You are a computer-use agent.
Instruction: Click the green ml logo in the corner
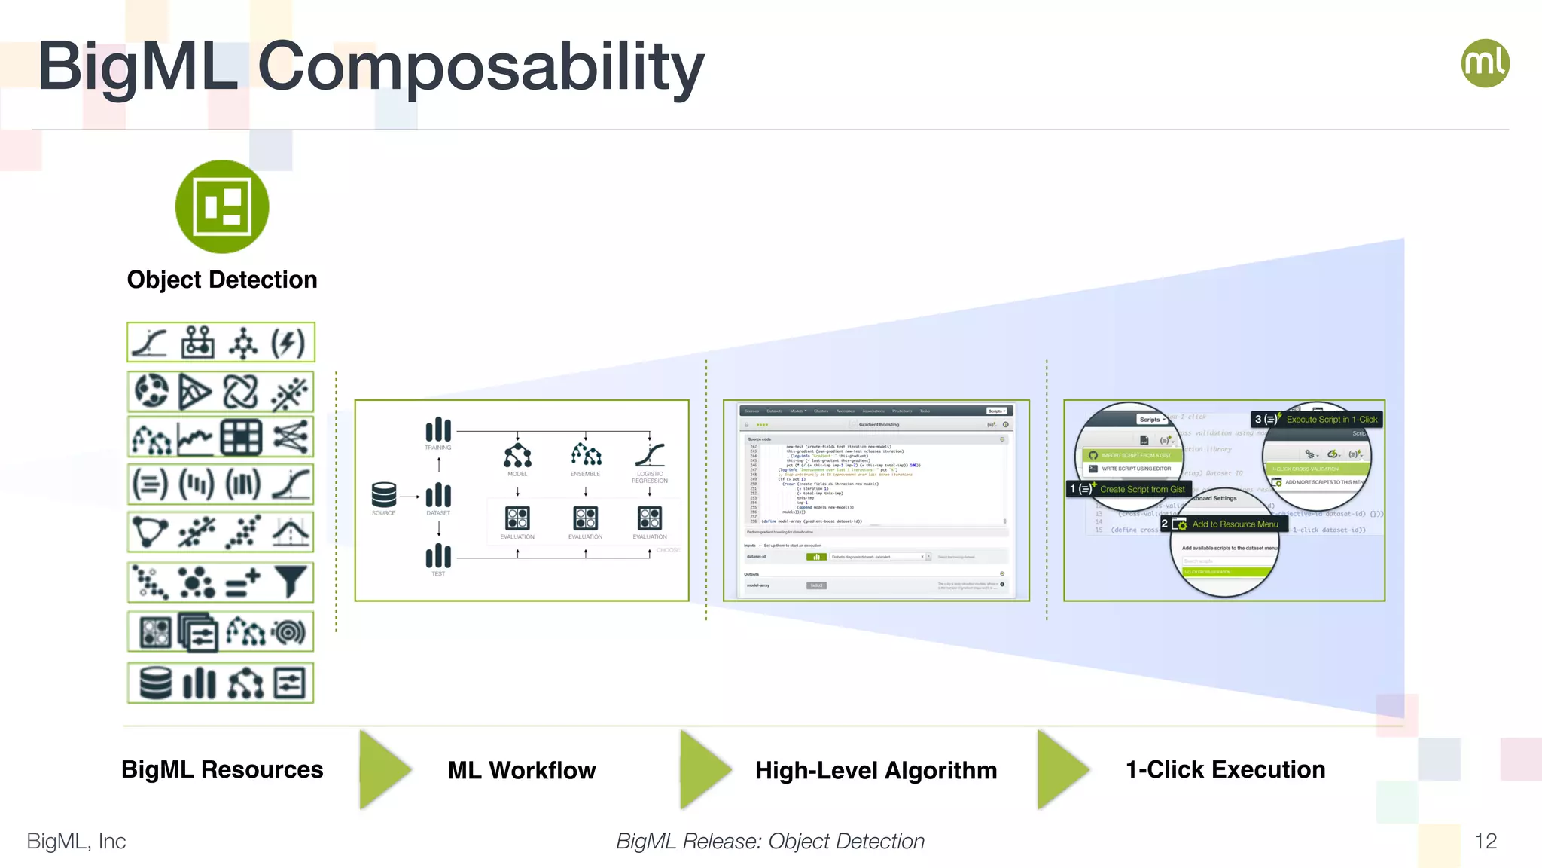point(1485,63)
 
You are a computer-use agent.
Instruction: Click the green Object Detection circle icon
point(222,206)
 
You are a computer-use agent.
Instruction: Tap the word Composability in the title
point(480,68)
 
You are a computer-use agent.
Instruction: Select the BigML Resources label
point(222,769)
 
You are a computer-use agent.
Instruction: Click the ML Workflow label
point(521,770)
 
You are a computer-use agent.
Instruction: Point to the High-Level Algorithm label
point(876,770)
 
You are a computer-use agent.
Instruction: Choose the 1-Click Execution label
point(1225,769)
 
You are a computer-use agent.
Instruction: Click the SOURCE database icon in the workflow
point(383,495)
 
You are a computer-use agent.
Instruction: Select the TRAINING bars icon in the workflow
point(438,429)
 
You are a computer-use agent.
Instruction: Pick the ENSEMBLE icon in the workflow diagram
point(586,454)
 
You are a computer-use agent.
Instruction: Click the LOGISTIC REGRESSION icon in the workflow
point(650,454)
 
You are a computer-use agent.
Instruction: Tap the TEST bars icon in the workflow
point(438,556)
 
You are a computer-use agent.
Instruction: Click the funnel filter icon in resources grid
point(291,582)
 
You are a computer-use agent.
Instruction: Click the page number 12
point(1485,841)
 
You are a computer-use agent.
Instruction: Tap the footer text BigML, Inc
point(76,841)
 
